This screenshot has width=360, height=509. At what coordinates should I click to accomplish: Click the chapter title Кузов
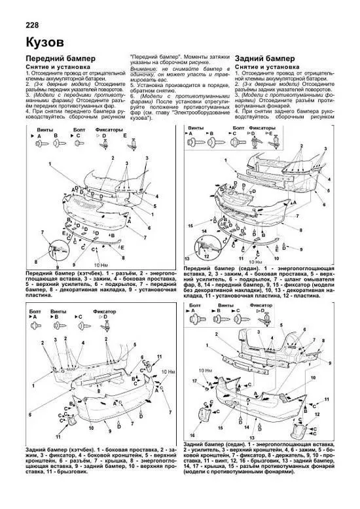coord(43,43)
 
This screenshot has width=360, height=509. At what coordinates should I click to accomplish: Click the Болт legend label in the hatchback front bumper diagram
coord(79,131)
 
